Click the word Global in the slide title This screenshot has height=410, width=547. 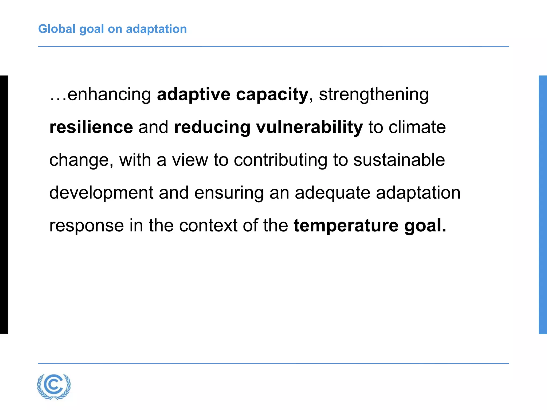pyautogui.click(x=57, y=29)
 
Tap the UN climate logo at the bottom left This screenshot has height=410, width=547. pyautogui.click(x=54, y=386)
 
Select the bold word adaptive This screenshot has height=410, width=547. pyautogui.click(x=194, y=94)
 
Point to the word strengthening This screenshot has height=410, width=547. pyautogui.click(x=374, y=95)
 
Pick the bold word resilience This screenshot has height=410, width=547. pyautogui.click(x=91, y=127)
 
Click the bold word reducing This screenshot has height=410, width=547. pyautogui.click(x=212, y=128)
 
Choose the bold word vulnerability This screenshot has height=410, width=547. pyautogui.click(x=309, y=128)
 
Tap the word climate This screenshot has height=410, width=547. pyautogui.click(x=417, y=127)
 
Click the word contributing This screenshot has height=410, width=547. pyautogui.click(x=280, y=160)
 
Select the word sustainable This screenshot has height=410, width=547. pyautogui.click(x=399, y=160)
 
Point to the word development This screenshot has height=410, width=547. pyautogui.click(x=101, y=193)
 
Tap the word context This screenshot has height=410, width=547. pyautogui.click(x=208, y=226)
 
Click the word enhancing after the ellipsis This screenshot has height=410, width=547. pyautogui.click(x=109, y=95)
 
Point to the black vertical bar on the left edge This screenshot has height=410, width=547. pyautogui.click(x=4, y=205)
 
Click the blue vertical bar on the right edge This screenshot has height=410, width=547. pyautogui.click(x=543, y=205)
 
